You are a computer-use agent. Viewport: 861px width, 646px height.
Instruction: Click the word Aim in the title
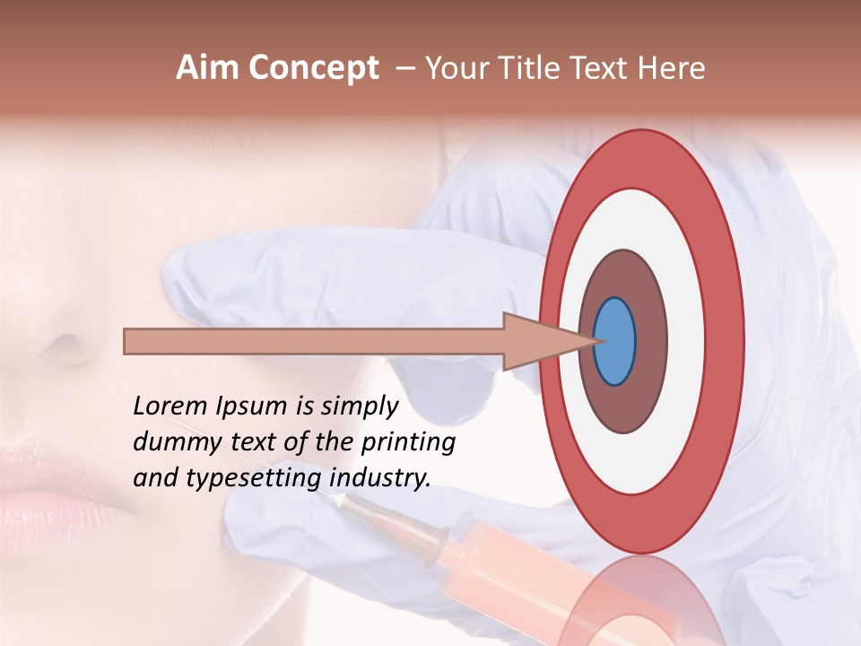click(207, 68)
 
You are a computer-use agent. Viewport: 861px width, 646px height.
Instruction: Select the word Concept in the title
click(313, 68)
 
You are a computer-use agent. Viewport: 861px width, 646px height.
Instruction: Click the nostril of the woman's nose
click(63, 345)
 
